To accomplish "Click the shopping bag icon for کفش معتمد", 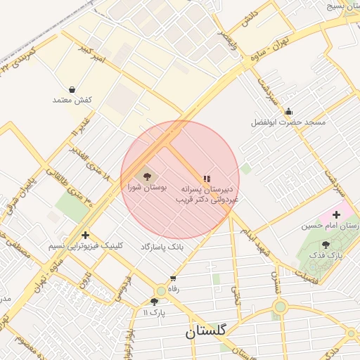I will pos(73,89).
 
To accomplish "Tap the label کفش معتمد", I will pos(72,100).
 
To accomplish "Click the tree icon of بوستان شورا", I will pos(147,177).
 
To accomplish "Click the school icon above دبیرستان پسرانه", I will pos(207,179).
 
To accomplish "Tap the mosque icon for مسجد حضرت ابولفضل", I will pos(288,112).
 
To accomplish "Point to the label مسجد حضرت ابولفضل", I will pos(288,122).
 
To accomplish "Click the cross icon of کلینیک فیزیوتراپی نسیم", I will pos(86,235).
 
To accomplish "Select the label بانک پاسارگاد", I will pos(166,247).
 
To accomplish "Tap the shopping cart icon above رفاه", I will pos(173,279).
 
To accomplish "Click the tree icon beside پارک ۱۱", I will pos(154,302).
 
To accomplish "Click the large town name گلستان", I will pos(207,332).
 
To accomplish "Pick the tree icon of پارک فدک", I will pos(326,245).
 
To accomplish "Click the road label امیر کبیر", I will pos(95,56).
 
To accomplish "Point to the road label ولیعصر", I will pos(223,36).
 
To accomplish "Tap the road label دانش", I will pos(251,15).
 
